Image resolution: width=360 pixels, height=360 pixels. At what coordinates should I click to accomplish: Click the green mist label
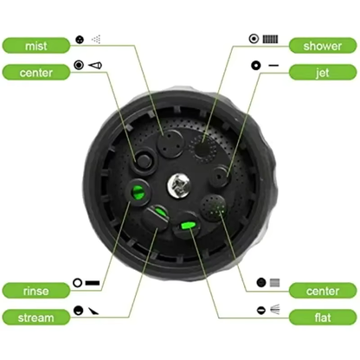36,46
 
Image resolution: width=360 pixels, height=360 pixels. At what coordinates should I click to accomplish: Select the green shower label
323,46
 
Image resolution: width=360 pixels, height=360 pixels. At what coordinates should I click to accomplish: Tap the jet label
323,73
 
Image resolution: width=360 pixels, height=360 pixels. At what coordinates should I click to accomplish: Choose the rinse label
36,291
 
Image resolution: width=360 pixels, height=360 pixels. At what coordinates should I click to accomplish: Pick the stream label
36,318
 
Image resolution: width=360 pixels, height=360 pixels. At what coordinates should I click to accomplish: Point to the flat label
323,318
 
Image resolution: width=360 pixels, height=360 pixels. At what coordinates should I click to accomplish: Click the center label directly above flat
323,291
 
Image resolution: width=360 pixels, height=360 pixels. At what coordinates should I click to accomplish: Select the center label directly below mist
36,73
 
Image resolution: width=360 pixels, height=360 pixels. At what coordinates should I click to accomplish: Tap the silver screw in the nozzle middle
179,186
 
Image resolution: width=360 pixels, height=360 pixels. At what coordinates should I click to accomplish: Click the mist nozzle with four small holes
170,144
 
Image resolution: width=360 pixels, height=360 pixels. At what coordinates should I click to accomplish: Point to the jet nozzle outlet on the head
221,176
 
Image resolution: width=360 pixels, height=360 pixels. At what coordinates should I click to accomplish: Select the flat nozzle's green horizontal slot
188,225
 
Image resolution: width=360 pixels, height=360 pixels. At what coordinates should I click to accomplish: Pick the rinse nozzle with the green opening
138,192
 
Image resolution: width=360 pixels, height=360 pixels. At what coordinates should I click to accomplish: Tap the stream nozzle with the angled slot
156,217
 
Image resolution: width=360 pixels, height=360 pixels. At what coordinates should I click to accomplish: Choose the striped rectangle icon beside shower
270,39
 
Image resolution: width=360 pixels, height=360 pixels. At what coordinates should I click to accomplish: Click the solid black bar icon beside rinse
93,283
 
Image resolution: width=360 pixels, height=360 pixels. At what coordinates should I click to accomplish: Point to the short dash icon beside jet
273,66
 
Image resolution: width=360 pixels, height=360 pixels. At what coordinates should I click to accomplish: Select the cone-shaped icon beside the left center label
95,65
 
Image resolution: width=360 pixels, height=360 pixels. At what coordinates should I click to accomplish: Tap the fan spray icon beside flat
275,309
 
